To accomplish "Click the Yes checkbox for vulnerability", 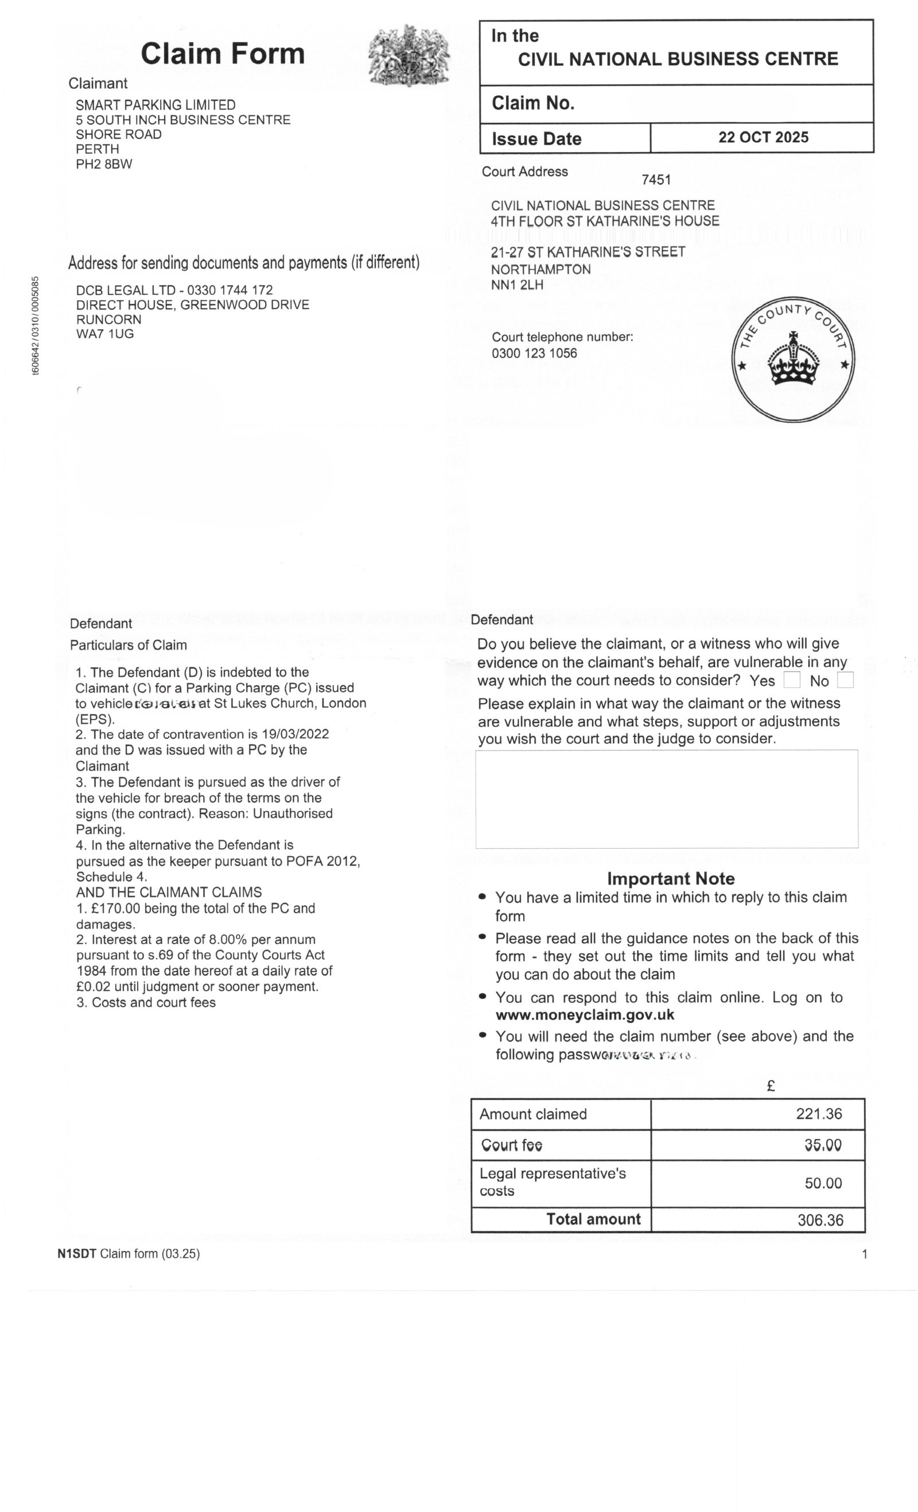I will click(792, 680).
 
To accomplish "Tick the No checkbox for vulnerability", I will click(845, 680).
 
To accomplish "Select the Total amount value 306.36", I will click(820, 1220).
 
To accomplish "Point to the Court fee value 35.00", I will click(823, 1145).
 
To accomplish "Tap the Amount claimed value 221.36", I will click(819, 1114).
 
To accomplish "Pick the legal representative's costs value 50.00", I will click(823, 1183).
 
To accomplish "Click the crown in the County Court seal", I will click(794, 360).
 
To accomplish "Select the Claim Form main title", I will click(223, 53).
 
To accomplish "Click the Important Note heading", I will click(671, 879).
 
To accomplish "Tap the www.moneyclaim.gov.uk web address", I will click(585, 1015).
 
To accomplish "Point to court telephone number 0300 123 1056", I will click(534, 353).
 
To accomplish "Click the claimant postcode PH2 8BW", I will click(104, 164).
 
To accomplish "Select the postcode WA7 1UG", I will click(104, 334).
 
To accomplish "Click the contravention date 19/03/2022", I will click(295, 734).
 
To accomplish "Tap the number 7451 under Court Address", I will click(656, 180).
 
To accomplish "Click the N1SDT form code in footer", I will click(77, 1254).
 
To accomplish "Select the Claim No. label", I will click(532, 103).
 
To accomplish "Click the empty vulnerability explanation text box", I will click(666, 798).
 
